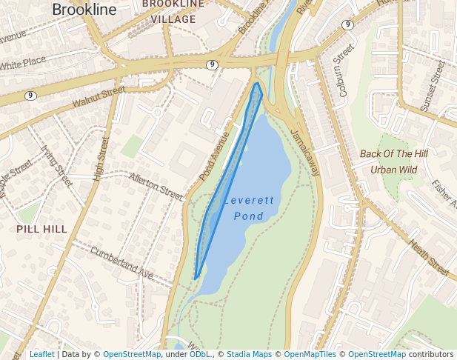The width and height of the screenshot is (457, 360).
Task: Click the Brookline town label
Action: (x=84, y=10)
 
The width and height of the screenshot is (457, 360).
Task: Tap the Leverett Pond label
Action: (x=249, y=208)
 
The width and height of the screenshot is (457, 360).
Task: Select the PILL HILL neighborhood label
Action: (x=41, y=230)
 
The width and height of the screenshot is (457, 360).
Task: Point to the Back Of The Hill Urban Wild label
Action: (x=393, y=161)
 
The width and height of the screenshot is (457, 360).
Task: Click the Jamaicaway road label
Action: (x=304, y=153)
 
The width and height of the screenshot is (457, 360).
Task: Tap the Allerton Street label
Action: (x=156, y=187)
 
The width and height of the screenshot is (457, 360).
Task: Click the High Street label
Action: (x=101, y=159)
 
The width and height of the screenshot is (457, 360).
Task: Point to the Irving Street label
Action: (x=56, y=166)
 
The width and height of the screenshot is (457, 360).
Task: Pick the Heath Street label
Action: (x=429, y=259)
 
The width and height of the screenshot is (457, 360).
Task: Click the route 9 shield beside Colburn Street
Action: (x=347, y=25)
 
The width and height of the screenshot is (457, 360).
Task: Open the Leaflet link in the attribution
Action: (x=41, y=355)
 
